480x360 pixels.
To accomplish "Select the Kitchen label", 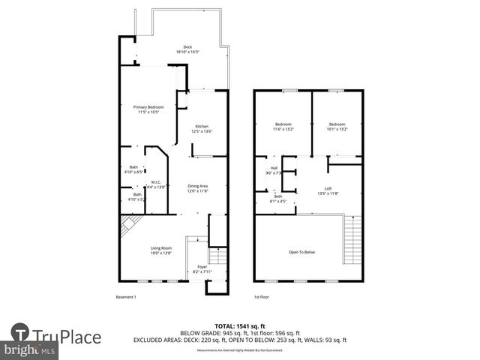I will click(202, 128).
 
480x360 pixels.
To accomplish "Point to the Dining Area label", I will click(197, 187).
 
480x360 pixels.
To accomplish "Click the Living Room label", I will click(160, 250).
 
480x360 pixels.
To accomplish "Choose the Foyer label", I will click(202, 269).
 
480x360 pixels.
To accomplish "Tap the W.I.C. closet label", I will click(156, 184).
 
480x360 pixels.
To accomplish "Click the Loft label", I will click(328, 190).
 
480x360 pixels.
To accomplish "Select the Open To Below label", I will click(302, 252).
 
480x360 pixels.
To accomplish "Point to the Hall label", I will click(274, 170).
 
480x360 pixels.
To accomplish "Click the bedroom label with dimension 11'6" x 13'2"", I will click(283, 126).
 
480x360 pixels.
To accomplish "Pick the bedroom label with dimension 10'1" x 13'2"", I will click(337, 126).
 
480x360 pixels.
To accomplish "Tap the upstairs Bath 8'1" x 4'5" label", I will click(277, 198).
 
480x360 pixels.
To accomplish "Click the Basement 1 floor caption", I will click(126, 298).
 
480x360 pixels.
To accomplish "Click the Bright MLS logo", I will click(30, 349).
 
